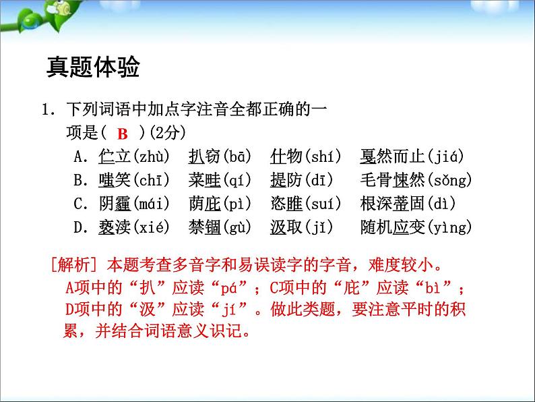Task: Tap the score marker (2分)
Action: point(166,133)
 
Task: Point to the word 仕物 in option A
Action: point(286,157)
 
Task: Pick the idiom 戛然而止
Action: point(394,157)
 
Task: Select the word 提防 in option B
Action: point(286,180)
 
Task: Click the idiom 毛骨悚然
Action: point(394,180)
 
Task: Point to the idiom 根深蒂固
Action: point(394,204)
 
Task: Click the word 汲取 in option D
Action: point(286,227)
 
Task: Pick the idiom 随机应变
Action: point(394,227)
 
